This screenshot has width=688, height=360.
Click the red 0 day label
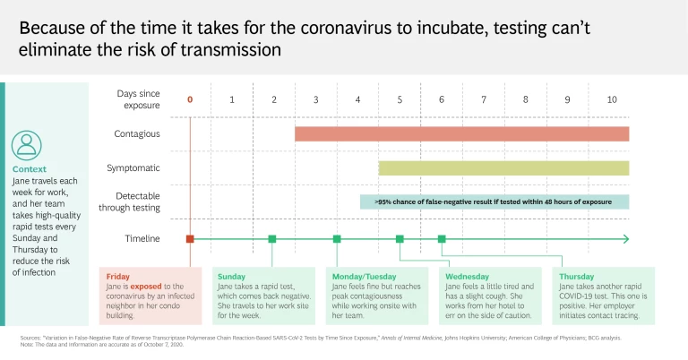[190, 99]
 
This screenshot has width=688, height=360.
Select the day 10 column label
[611, 99]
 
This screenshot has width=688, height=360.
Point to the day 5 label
[400, 99]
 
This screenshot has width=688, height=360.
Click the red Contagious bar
[461, 133]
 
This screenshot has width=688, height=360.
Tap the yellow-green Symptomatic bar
[503, 167]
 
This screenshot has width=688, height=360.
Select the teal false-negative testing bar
[494, 201]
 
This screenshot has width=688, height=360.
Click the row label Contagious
[137, 133]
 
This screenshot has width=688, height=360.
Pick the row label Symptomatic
[133, 167]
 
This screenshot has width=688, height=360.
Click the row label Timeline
[142, 239]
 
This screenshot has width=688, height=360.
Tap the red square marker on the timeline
[190, 239]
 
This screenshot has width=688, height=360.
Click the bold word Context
[30, 168]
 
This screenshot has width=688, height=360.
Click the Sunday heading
[231, 277]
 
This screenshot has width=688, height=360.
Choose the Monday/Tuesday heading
[363, 277]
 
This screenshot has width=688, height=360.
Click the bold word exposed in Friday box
[143, 287]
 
